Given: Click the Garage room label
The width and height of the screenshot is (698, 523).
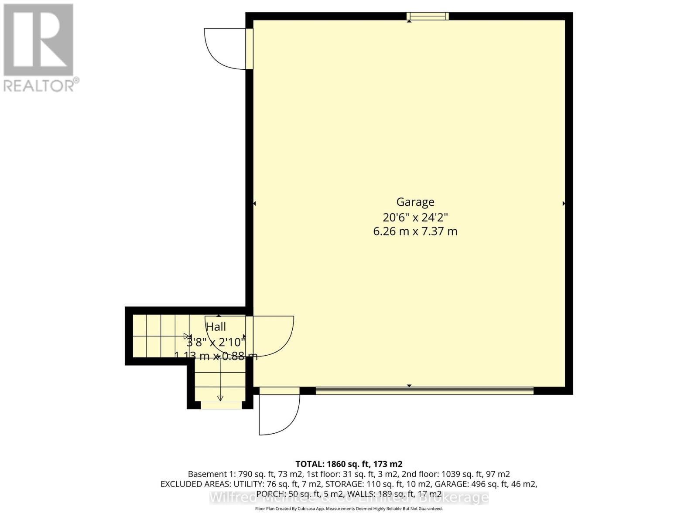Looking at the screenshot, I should (x=415, y=202).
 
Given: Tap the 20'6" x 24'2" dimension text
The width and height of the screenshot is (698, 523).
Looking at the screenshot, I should (x=415, y=217).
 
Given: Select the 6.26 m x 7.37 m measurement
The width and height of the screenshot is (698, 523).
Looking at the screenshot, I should (x=415, y=231).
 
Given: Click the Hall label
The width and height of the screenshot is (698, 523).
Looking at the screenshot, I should (x=216, y=326).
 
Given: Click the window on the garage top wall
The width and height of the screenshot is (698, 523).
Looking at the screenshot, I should (x=428, y=17).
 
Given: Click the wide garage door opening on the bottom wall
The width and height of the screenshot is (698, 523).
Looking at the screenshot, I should (x=424, y=391).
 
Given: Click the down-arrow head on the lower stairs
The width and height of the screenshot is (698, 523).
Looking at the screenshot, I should (x=220, y=398).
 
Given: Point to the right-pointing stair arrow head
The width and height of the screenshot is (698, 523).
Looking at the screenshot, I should (x=188, y=336).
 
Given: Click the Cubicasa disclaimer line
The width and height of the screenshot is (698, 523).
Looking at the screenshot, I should (x=349, y=509).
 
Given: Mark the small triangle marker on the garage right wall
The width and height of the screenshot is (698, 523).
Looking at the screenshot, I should (x=564, y=204).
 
